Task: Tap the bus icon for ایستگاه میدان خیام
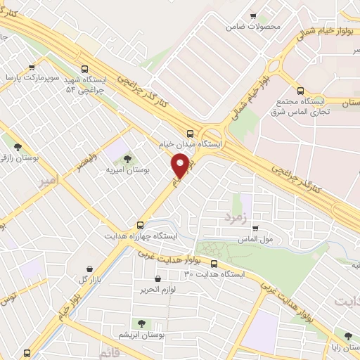[x=191, y=133]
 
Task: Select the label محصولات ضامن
[x=253, y=27]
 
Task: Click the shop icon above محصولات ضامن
[x=253, y=16]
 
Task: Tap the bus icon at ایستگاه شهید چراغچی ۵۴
[x=85, y=70]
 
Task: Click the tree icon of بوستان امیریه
[x=127, y=159]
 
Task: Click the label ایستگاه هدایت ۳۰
[x=213, y=275]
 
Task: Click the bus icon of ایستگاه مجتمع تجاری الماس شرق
[x=301, y=91]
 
